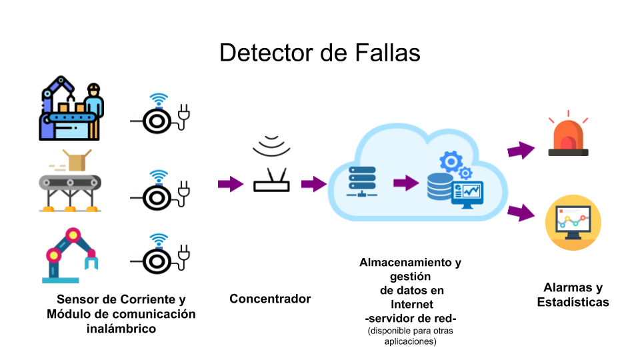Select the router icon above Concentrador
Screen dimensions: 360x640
(272, 179)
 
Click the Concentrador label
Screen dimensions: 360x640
(270, 299)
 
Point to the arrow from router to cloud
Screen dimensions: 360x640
(313, 184)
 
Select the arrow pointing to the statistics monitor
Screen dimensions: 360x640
(522, 213)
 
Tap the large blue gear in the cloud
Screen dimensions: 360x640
(451, 161)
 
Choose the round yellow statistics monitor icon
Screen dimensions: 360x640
(573, 222)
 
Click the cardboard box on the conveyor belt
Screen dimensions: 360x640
(77, 160)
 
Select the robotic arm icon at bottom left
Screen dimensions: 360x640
(71, 256)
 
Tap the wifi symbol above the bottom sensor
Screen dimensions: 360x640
(158, 240)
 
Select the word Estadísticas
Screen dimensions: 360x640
(573, 302)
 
